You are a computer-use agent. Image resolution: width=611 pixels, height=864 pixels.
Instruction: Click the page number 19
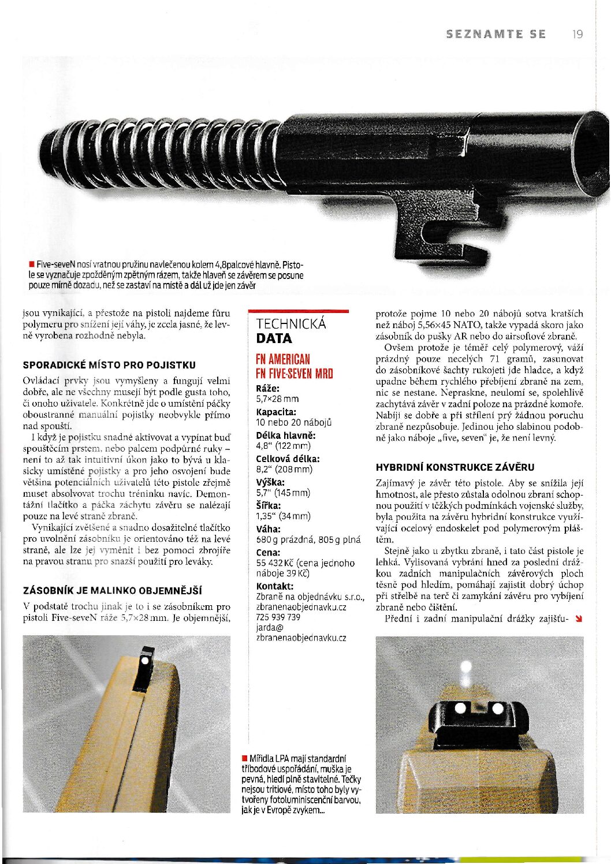coord(578,34)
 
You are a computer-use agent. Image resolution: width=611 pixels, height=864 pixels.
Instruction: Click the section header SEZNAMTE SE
coord(496,34)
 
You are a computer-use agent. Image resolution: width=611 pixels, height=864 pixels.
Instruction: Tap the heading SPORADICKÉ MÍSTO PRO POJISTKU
coord(109,365)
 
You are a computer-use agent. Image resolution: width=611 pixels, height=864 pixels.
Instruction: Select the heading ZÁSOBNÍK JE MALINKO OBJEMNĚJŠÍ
coord(112,590)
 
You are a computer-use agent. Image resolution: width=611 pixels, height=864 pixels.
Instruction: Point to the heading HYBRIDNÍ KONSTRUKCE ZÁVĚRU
coord(455,467)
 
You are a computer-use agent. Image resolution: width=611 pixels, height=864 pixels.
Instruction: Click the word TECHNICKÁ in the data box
coord(291,324)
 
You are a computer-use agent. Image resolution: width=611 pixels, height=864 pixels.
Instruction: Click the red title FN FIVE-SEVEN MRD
coord(295,373)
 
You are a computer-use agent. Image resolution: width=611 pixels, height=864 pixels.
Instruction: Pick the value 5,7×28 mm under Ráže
coord(277,399)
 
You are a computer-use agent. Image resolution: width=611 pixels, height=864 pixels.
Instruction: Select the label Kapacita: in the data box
coord(276,412)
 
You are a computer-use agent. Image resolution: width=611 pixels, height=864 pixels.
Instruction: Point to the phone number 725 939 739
coord(278,617)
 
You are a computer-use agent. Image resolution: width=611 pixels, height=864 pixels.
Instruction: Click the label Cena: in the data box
coord(268,552)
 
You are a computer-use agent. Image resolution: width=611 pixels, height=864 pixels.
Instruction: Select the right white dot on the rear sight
coord(496,708)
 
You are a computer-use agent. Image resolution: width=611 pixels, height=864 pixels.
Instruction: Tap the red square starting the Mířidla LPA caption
coord(245,758)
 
